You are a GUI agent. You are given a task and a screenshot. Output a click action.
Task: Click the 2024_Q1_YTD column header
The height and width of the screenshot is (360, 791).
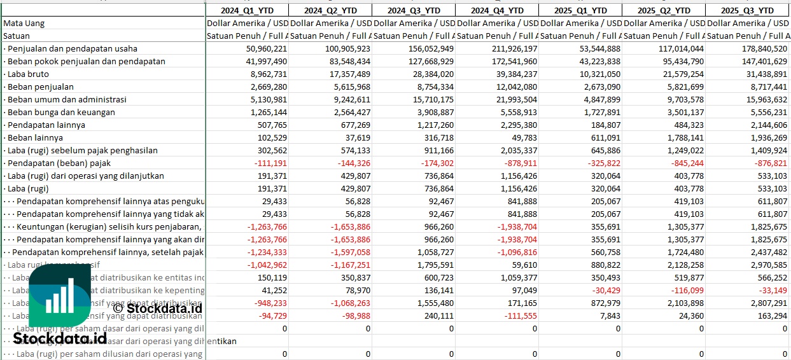pos(246,10)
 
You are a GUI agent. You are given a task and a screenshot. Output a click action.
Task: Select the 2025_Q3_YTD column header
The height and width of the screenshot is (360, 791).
pos(747,10)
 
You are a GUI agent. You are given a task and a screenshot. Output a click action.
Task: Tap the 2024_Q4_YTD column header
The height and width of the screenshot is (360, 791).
pos(497,10)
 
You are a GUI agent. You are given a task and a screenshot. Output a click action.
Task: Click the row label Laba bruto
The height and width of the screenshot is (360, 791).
pos(28,74)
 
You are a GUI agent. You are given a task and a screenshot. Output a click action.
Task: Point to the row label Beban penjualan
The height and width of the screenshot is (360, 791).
pos(40,87)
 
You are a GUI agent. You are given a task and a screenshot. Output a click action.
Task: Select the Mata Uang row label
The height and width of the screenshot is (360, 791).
pos(24,23)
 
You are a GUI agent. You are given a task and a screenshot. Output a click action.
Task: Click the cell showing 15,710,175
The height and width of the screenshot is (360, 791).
pos(430,99)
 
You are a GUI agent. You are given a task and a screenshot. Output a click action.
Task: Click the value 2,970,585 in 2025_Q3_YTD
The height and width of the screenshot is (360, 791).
pos(766,265)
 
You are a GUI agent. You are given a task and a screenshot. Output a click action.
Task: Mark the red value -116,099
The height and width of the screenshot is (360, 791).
pos(684,290)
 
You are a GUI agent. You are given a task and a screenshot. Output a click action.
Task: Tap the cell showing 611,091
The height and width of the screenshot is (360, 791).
pos(601,137)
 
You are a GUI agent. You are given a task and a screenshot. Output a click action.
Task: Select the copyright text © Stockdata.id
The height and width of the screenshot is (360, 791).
pos(157,308)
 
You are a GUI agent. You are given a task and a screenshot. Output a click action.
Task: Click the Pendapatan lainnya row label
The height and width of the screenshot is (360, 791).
pos(46,125)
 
